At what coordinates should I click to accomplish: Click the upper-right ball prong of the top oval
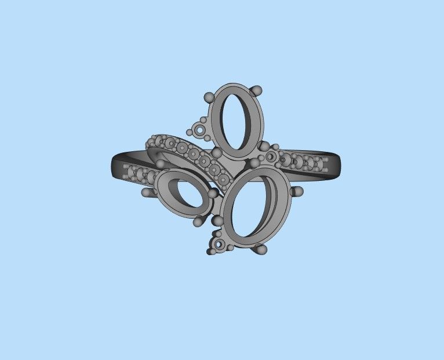tap(257, 90)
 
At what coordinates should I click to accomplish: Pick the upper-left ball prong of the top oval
tap(209, 97)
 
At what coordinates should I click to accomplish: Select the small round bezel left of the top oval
tap(201, 130)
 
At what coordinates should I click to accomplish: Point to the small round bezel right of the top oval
tap(271, 157)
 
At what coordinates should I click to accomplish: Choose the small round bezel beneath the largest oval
tap(219, 245)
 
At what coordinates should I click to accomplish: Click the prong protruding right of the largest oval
tap(298, 191)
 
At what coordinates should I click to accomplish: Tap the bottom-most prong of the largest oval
tap(261, 249)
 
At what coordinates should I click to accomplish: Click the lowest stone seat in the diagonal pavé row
tap(223, 180)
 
